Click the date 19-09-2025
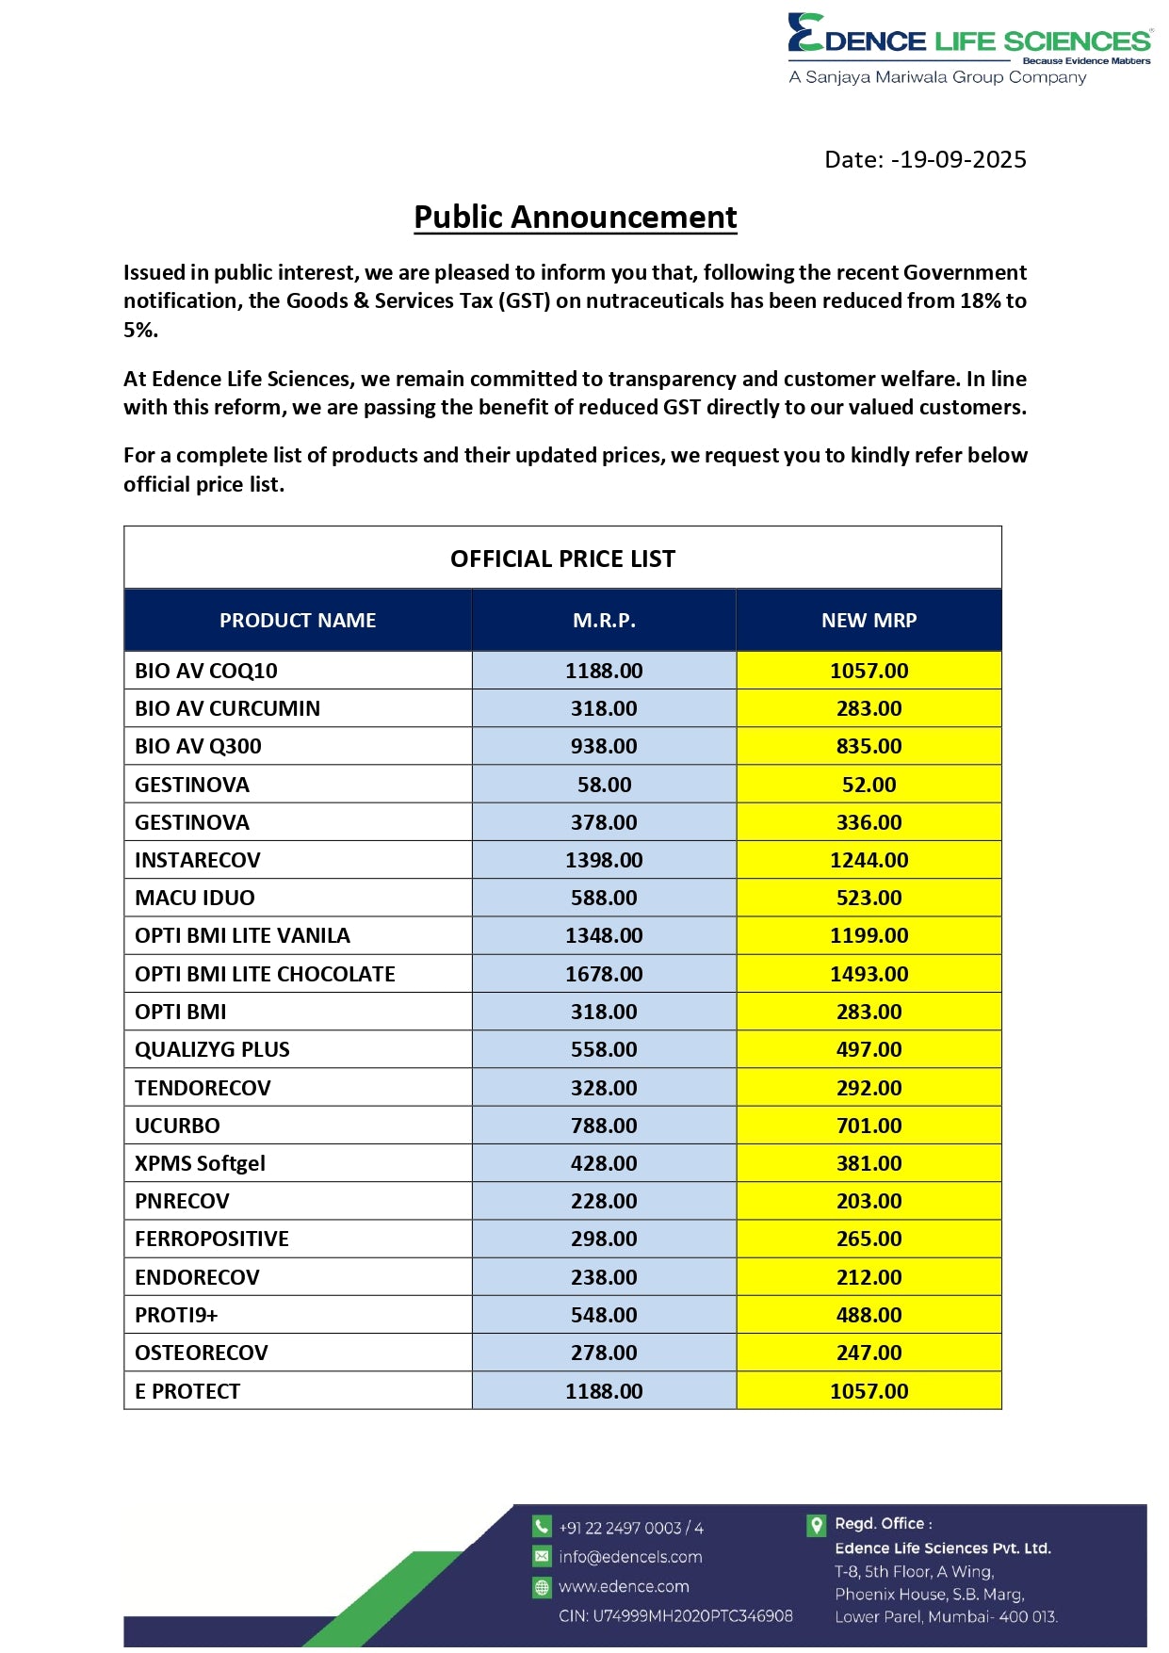pyautogui.click(x=962, y=159)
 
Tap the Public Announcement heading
pyautogui.click(x=575, y=218)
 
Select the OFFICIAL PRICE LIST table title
pyautogui.click(x=562, y=559)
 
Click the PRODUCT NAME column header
pyautogui.click(x=298, y=620)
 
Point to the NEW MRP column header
pyautogui.click(x=869, y=620)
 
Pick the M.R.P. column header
pyautogui.click(x=604, y=620)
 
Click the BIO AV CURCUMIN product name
pyautogui.click(x=227, y=708)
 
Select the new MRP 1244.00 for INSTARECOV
pyautogui.click(x=869, y=860)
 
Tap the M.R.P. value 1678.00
pyautogui.click(x=604, y=974)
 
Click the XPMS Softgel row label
pyautogui.click(x=200, y=1163)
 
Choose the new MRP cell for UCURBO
pyautogui.click(x=869, y=1126)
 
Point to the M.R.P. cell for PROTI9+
pyautogui.click(x=604, y=1315)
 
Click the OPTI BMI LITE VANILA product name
pyautogui.click(x=242, y=935)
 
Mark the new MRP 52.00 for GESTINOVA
pyautogui.click(x=869, y=785)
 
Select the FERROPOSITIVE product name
pyautogui.click(x=212, y=1239)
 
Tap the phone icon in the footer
pyautogui.click(x=542, y=1527)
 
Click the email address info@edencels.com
pyautogui.click(x=630, y=1557)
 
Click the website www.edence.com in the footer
pyautogui.click(x=624, y=1587)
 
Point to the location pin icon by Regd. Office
pyautogui.click(x=817, y=1525)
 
